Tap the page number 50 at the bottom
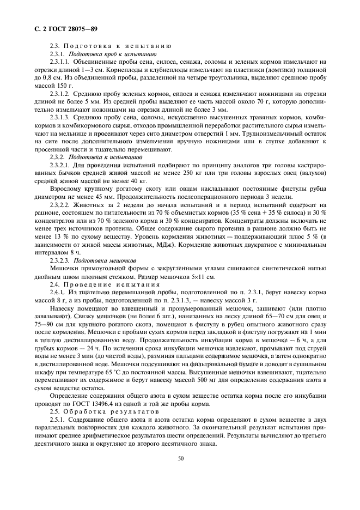[180, 458]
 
